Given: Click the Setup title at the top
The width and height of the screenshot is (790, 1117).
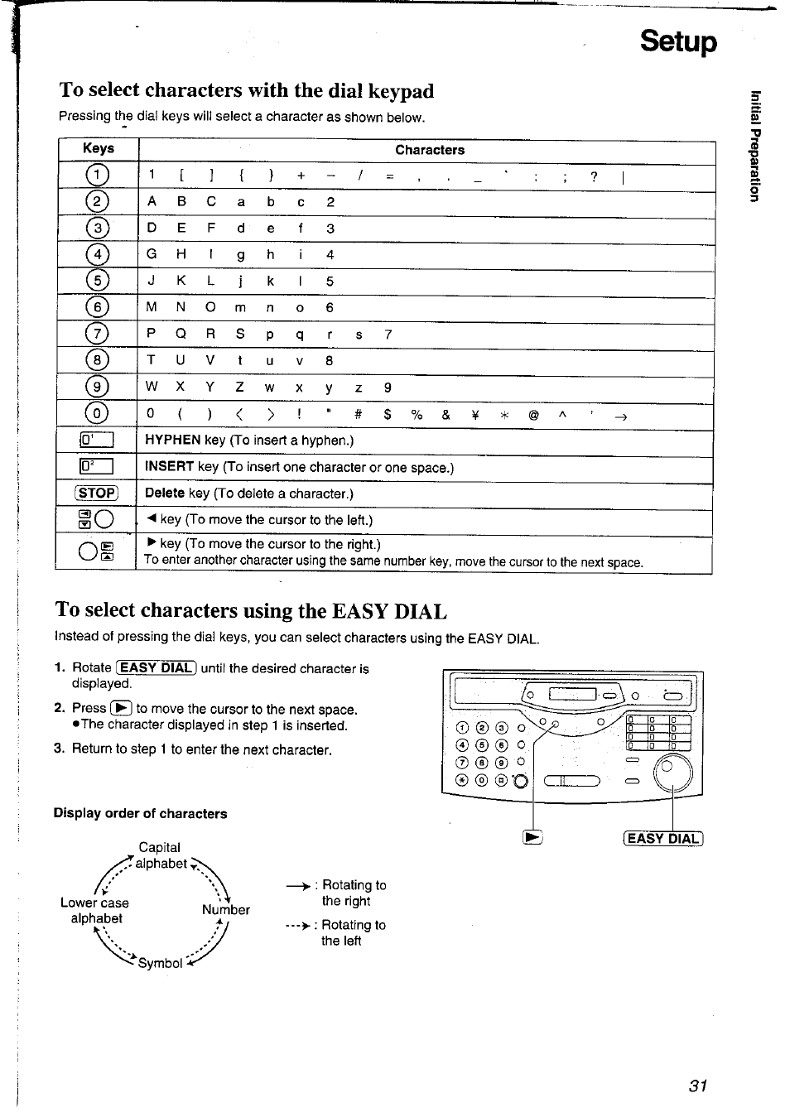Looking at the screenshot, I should [x=677, y=41].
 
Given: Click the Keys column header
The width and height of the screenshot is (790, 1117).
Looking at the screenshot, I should [x=99, y=148].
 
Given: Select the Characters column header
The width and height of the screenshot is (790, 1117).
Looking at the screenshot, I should [x=429, y=150].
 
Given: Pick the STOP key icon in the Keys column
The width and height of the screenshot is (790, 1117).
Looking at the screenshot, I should [x=97, y=494].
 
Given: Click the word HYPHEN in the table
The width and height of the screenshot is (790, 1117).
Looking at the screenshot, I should [x=172, y=441].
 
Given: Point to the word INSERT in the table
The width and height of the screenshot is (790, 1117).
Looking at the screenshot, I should [x=169, y=467].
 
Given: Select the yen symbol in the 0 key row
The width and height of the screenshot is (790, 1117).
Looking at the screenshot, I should [x=474, y=416].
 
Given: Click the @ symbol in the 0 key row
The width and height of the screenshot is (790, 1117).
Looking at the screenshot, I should [x=533, y=416].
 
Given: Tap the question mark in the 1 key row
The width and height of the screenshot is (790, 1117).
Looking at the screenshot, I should [x=594, y=176].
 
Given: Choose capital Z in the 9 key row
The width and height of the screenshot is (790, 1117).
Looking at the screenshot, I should [x=239, y=388].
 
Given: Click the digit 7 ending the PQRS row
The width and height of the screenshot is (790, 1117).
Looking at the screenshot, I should [x=388, y=335].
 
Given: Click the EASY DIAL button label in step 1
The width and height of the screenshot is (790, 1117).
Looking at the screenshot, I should [x=157, y=668].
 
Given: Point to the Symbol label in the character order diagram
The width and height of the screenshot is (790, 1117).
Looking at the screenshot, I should [x=160, y=963].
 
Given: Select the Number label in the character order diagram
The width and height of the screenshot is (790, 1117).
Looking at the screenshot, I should [x=225, y=909].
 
